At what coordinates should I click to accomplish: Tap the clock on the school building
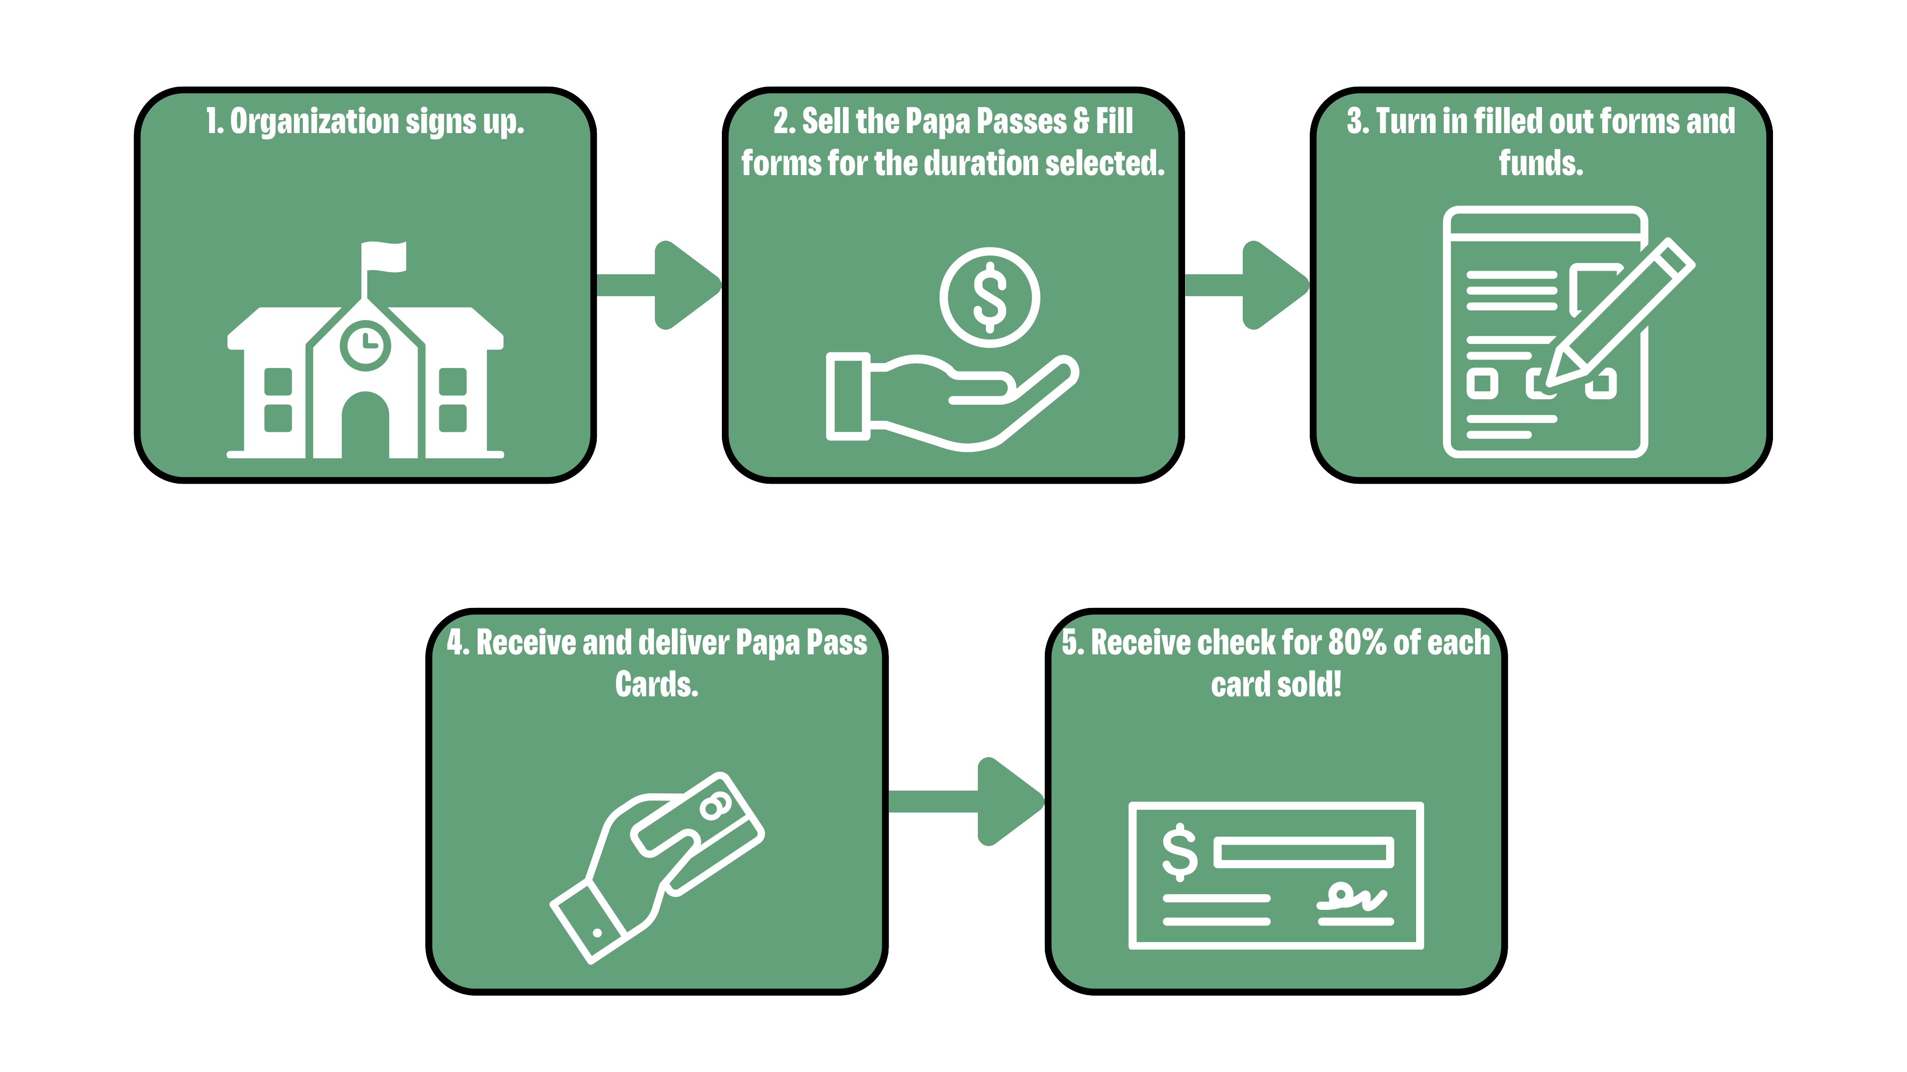click(365, 345)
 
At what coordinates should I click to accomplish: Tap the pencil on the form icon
click(1621, 311)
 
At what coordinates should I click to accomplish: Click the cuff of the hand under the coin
click(848, 396)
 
